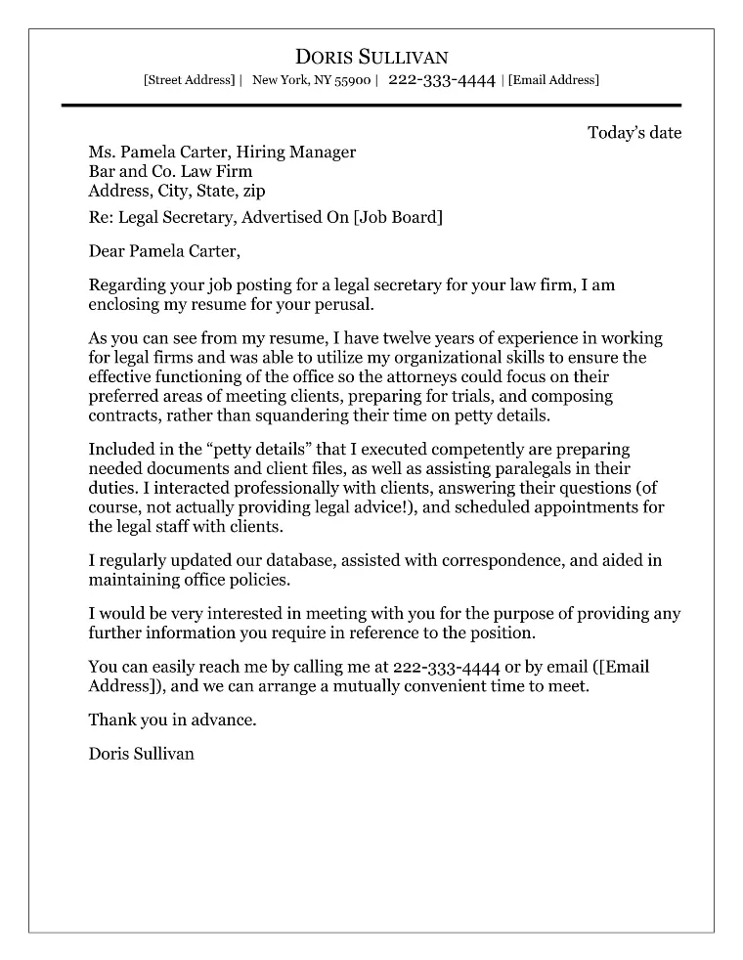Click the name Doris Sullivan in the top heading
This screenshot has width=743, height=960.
click(371, 57)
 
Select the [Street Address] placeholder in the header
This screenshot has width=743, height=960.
click(189, 80)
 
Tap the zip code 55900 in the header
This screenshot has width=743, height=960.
click(353, 80)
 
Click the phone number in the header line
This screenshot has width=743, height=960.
click(442, 80)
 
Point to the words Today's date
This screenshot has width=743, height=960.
click(634, 133)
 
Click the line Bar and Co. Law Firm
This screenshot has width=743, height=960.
click(170, 171)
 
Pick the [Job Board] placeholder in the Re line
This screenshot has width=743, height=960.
click(398, 217)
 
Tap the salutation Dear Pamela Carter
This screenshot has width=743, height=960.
click(163, 251)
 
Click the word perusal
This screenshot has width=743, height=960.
click(341, 304)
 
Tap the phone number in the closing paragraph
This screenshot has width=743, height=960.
click(446, 667)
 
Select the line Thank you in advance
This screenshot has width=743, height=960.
click(172, 720)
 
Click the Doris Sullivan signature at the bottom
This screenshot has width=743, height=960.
click(141, 754)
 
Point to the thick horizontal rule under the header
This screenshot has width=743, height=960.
click(371, 105)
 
